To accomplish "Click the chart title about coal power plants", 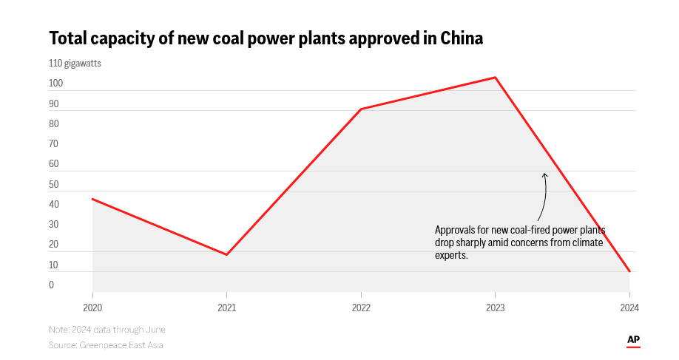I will click(x=266, y=38).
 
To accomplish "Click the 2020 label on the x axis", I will click(x=92, y=308).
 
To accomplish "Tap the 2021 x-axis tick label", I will click(x=226, y=308).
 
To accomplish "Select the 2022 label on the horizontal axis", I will click(x=361, y=308).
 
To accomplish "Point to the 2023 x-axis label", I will click(x=495, y=308).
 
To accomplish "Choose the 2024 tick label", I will click(x=629, y=308).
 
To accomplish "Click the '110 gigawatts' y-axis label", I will click(x=75, y=64).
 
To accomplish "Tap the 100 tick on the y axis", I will click(x=56, y=84).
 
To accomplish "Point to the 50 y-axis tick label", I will click(x=54, y=185).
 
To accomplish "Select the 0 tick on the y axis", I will click(x=52, y=285).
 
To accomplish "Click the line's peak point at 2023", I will click(x=495, y=78).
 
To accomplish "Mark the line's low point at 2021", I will click(x=226, y=255).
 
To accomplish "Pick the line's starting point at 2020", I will click(x=92, y=199).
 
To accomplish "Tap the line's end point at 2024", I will click(x=629, y=271).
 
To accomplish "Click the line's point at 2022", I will click(x=361, y=109).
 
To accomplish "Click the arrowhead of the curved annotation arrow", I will click(x=544, y=174).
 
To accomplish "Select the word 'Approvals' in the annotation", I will click(x=455, y=229).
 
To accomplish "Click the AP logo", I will click(x=633, y=340).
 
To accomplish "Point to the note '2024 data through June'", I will click(x=107, y=330).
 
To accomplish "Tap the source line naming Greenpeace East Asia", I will click(x=106, y=345).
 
